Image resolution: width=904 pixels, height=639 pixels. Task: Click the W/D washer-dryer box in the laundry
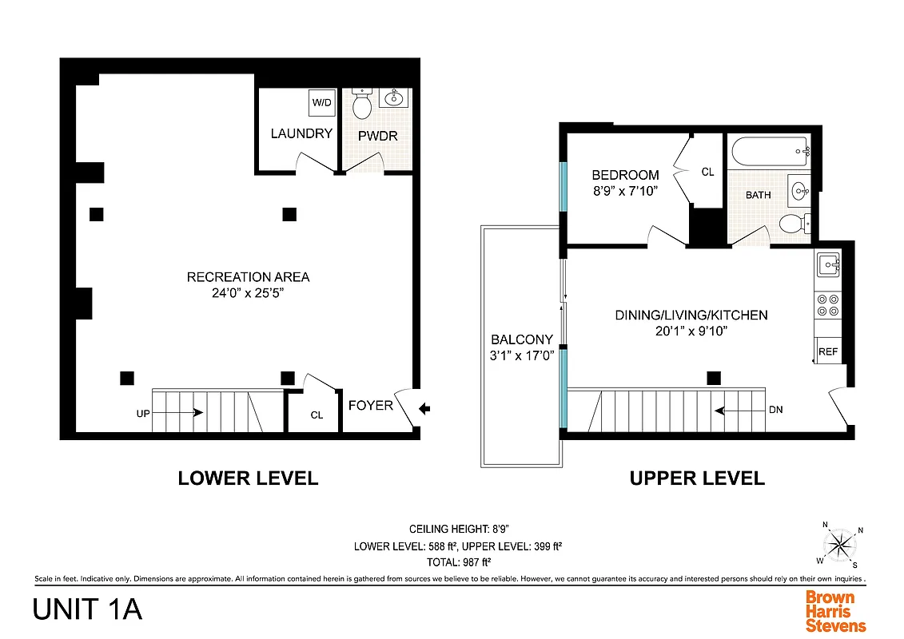click(322, 102)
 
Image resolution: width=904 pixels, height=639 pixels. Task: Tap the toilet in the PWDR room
click(362, 104)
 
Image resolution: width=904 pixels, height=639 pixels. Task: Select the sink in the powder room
click(393, 99)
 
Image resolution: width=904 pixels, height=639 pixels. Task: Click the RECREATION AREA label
click(248, 277)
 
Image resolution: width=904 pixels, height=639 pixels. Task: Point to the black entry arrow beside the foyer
click(424, 409)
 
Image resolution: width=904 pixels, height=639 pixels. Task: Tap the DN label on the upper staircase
click(775, 410)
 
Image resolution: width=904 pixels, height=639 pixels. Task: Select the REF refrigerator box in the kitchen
click(828, 351)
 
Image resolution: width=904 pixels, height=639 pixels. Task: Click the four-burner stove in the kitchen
click(828, 306)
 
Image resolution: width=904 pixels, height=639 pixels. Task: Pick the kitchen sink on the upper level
click(828, 264)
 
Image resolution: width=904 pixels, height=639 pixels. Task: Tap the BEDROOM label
click(625, 175)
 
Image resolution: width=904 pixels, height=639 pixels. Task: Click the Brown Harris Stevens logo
click(834, 611)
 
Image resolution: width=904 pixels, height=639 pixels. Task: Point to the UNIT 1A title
click(87, 609)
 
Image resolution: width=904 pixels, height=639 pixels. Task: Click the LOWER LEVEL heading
click(248, 478)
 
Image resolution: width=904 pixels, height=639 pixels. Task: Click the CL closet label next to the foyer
click(317, 415)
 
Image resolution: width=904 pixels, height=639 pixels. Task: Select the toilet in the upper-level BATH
click(792, 223)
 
